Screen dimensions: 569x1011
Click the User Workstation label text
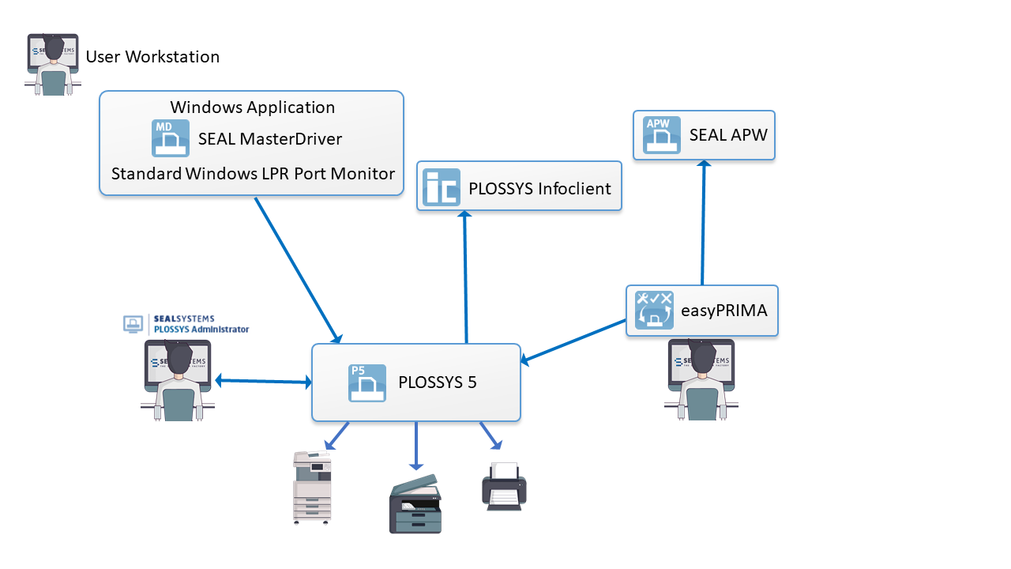click(x=152, y=57)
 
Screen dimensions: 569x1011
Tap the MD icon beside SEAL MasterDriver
click(x=171, y=138)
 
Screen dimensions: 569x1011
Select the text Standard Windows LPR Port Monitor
click(x=253, y=173)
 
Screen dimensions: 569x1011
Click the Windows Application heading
click(x=253, y=107)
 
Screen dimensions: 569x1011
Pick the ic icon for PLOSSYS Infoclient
click(x=441, y=188)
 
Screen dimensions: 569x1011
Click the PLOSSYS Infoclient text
click(x=539, y=189)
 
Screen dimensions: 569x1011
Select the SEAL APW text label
click(x=728, y=135)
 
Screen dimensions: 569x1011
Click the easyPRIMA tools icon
click(x=654, y=310)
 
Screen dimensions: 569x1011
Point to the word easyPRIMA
click(x=723, y=311)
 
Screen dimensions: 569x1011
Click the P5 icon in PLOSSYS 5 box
click(x=367, y=382)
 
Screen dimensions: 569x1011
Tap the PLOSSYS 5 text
click(x=438, y=382)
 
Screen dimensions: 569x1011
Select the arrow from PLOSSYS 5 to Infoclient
click(x=465, y=277)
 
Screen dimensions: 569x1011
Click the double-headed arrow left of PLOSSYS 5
click(x=263, y=382)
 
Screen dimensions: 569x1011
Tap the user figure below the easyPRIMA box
click(x=701, y=379)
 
